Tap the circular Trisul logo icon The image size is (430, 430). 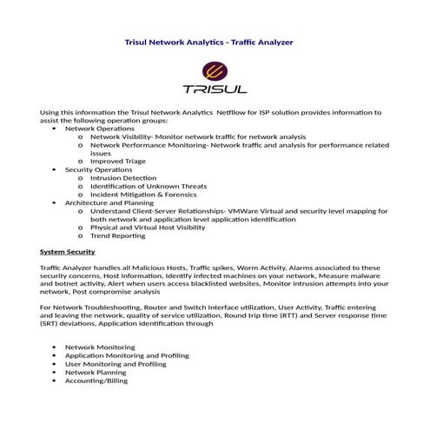click(x=215, y=72)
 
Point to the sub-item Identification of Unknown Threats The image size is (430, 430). click(x=149, y=186)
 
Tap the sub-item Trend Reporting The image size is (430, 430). click(x=117, y=235)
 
